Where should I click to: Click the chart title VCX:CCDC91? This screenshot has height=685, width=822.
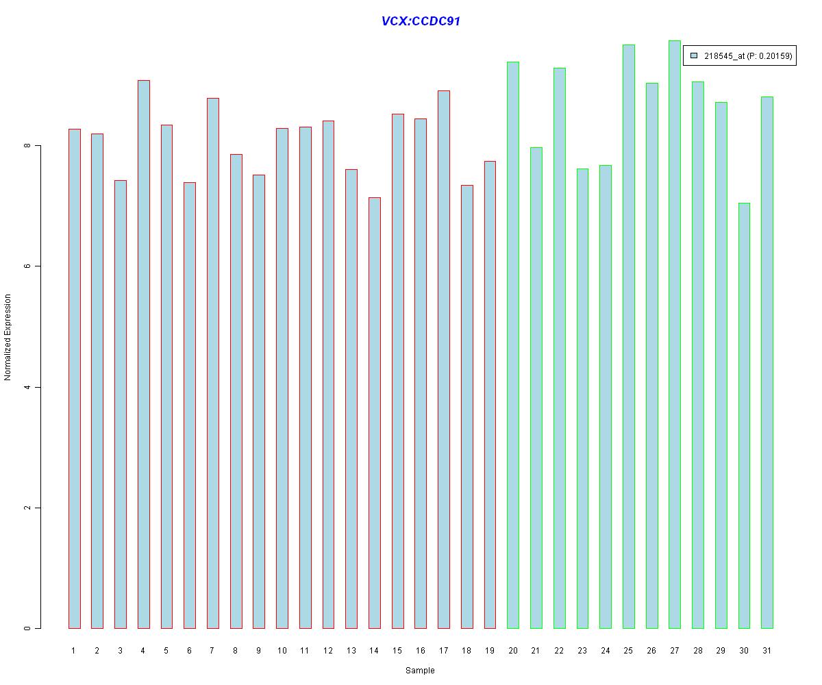[421, 21]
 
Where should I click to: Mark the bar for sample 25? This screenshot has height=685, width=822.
[628, 336]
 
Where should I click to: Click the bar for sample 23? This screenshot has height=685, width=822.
[582, 398]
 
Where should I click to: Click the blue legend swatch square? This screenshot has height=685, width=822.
[694, 55]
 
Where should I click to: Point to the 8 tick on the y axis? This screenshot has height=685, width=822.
[28, 146]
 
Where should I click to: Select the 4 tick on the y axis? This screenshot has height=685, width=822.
[28, 387]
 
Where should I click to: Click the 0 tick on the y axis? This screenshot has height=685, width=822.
[28, 628]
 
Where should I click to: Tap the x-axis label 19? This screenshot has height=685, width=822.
[490, 650]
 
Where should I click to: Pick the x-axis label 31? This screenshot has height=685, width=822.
[767, 650]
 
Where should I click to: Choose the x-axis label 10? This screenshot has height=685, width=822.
[282, 650]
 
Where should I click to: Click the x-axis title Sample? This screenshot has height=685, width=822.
[420, 671]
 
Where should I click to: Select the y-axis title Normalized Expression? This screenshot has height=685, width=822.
[8, 337]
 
